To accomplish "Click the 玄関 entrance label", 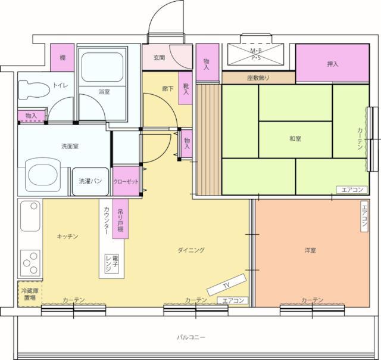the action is [x=159, y=58].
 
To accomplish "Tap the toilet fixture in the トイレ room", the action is [x=34, y=90].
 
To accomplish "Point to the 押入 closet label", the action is [x=333, y=64].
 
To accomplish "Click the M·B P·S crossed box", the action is [x=256, y=54].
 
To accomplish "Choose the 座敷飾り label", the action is [x=258, y=78].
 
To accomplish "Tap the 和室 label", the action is [x=295, y=139].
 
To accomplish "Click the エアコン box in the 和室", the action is [x=352, y=190].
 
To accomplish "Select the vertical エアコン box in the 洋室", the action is [x=364, y=216].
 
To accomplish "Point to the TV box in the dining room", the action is [x=227, y=284].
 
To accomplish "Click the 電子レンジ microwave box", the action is [x=112, y=263].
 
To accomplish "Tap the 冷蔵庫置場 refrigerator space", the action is [x=30, y=294].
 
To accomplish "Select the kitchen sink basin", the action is [x=30, y=216].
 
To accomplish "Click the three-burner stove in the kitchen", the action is [x=30, y=263].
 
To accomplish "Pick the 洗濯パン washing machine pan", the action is [x=90, y=181].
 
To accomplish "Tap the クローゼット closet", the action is [x=126, y=181].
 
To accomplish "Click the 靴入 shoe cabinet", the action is [x=186, y=88].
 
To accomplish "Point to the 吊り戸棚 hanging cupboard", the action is [x=120, y=219].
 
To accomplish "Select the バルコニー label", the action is [x=190, y=337].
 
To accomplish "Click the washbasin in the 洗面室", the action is [x=43, y=175].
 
